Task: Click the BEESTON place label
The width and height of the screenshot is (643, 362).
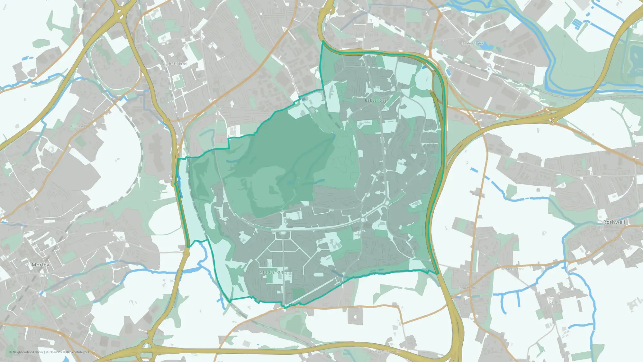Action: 178,64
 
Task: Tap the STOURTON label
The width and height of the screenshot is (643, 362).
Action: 473,44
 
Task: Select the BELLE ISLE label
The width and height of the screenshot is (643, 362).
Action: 376,100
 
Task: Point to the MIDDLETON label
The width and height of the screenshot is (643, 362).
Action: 271,272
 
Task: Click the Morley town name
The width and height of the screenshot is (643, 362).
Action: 41,265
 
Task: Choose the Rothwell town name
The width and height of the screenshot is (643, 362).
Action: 614,222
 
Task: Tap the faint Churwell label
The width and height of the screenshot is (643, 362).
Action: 78,126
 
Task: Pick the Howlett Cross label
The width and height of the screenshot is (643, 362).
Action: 512,269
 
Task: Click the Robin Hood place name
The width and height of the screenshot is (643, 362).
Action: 469,288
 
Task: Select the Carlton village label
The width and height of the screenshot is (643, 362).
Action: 555,302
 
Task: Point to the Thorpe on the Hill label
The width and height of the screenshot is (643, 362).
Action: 385,351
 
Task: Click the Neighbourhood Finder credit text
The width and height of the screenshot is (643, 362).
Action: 27,352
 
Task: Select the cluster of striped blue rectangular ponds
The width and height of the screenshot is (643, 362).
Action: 579,23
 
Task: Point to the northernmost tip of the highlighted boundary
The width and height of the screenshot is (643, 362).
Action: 322,41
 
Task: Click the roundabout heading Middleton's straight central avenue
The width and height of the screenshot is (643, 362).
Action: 283,233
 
